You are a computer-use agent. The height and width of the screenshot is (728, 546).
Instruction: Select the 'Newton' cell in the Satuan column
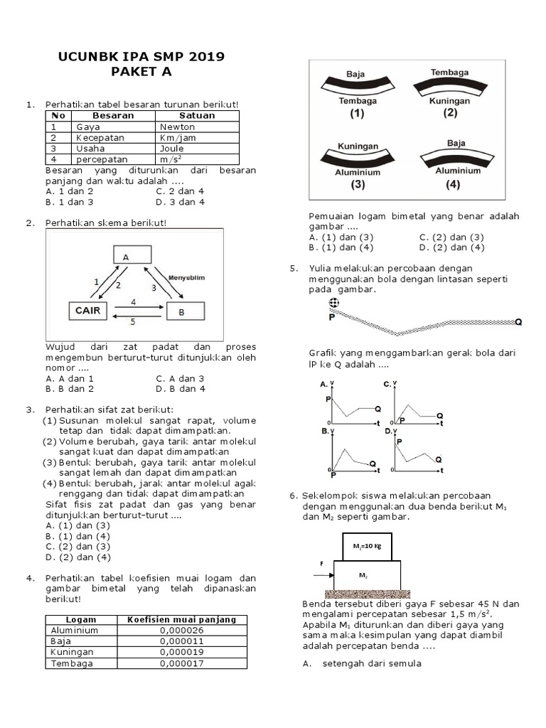[x=178, y=127]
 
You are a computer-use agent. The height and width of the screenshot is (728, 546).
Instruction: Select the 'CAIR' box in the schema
[x=88, y=311]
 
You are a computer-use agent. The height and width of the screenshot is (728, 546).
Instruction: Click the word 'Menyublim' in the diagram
[x=187, y=277]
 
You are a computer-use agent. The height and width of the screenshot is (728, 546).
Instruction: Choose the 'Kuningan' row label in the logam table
[x=70, y=652]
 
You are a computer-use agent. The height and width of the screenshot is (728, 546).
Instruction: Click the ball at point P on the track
[x=333, y=304]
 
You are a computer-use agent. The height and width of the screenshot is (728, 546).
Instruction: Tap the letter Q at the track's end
[x=518, y=322]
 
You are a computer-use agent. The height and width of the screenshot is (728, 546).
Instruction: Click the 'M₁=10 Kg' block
[x=367, y=546]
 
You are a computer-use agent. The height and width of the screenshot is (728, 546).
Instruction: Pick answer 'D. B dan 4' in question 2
[x=181, y=389]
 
